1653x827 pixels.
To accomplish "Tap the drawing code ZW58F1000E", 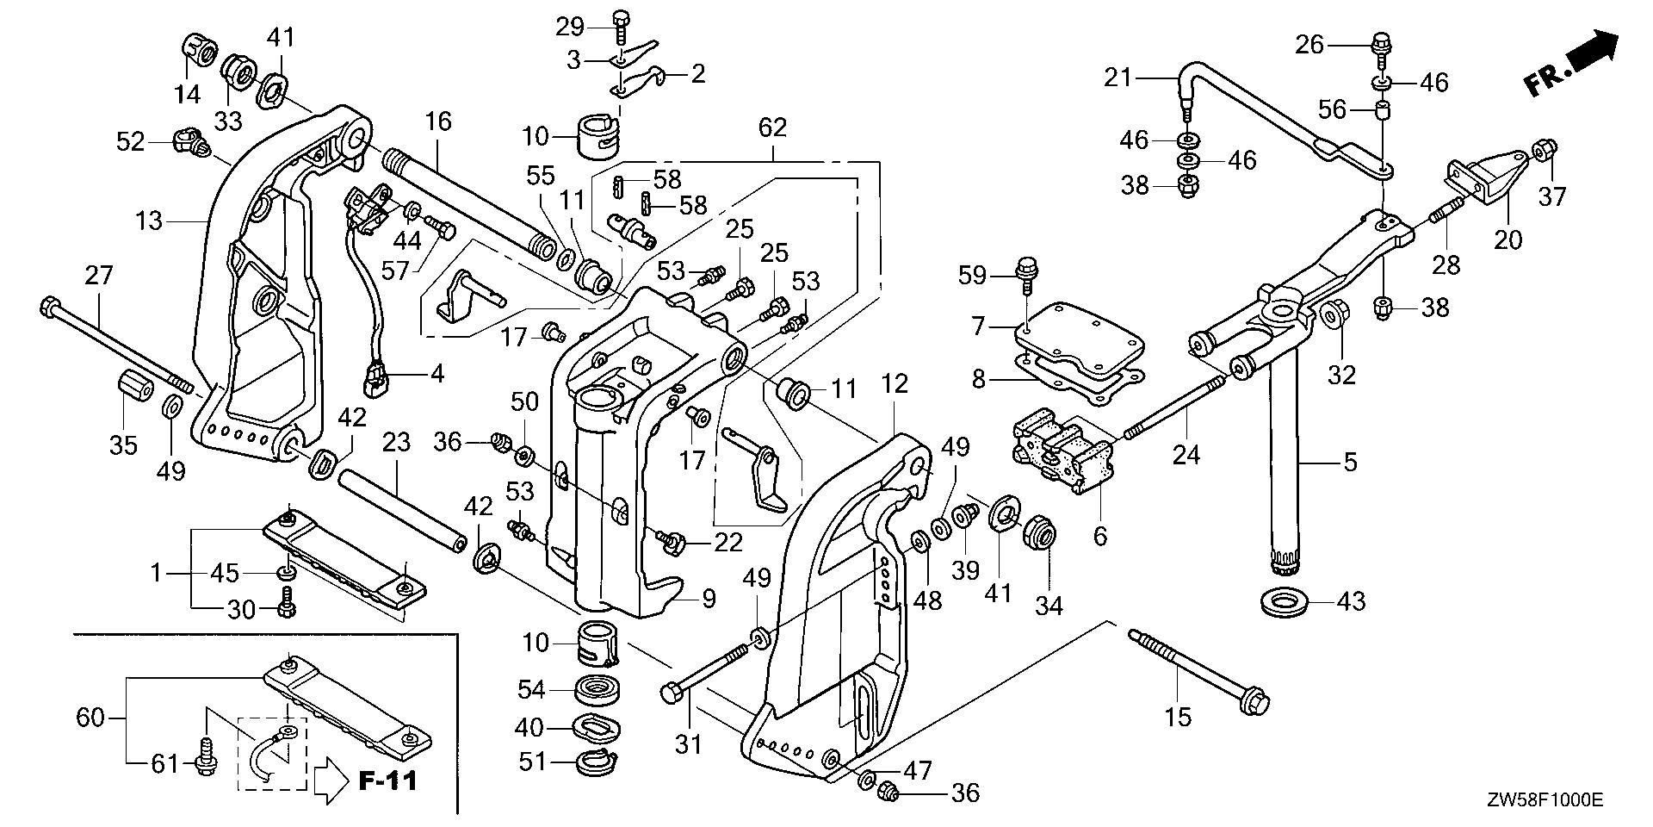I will pos(1543,800).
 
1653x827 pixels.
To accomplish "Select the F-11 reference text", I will pos(387,781).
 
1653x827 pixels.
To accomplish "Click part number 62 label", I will pos(772,128).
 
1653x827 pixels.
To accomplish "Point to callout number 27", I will pos(98,277).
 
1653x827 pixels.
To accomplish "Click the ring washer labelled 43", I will pos(1285,600).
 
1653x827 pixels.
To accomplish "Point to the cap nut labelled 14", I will pos(199,51).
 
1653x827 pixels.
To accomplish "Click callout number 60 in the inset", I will pos(90,717).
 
